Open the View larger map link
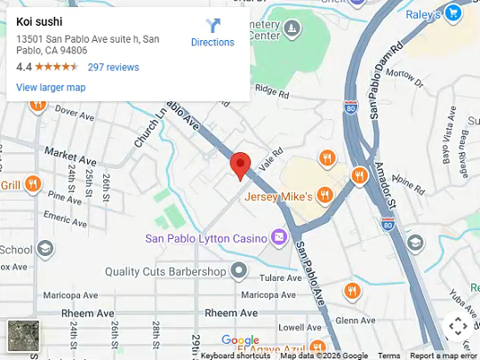[51, 87]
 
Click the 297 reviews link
[113, 67]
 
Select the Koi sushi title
[40, 20]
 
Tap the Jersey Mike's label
[278, 196]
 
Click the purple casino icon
[279, 237]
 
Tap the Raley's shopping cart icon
[454, 12]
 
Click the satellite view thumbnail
[24, 336]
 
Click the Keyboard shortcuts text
[236, 356]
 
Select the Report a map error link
[444, 356]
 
